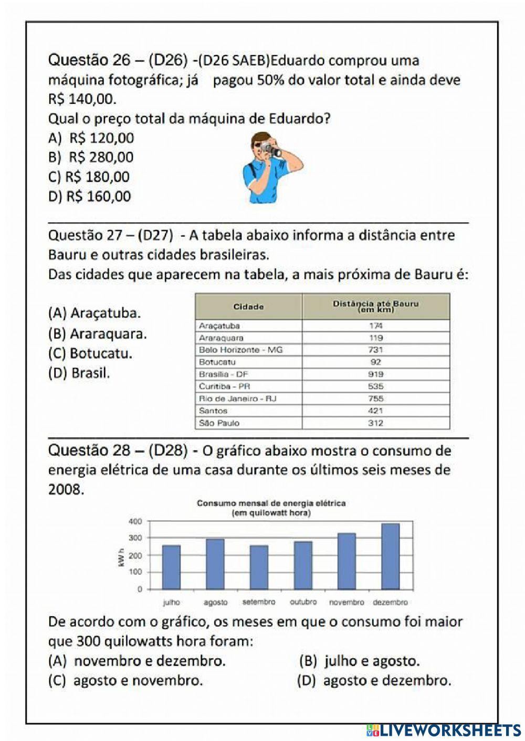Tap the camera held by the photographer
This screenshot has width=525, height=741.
click(x=272, y=150)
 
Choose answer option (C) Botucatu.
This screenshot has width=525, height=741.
click(x=90, y=353)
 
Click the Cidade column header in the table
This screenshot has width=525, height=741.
click(x=248, y=307)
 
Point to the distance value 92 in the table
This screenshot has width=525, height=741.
click(x=375, y=362)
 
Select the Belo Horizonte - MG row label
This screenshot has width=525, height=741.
click(x=240, y=350)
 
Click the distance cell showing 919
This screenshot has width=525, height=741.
click(x=375, y=374)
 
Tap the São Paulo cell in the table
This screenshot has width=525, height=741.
click(x=219, y=423)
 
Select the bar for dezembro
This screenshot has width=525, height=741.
click(x=390, y=556)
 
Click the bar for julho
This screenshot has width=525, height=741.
click(x=171, y=567)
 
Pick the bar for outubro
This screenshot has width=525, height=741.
click(x=303, y=565)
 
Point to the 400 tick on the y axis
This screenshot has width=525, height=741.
click(x=135, y=521)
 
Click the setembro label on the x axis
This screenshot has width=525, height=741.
click(x=259, y=602)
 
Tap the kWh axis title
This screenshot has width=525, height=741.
click(x=121, y=556)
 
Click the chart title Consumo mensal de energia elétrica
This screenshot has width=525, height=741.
click(x=271, y=503)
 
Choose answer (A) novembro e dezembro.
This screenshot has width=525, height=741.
click(x=137, y=661)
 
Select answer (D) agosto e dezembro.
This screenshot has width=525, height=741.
click(x=374, y=681)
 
